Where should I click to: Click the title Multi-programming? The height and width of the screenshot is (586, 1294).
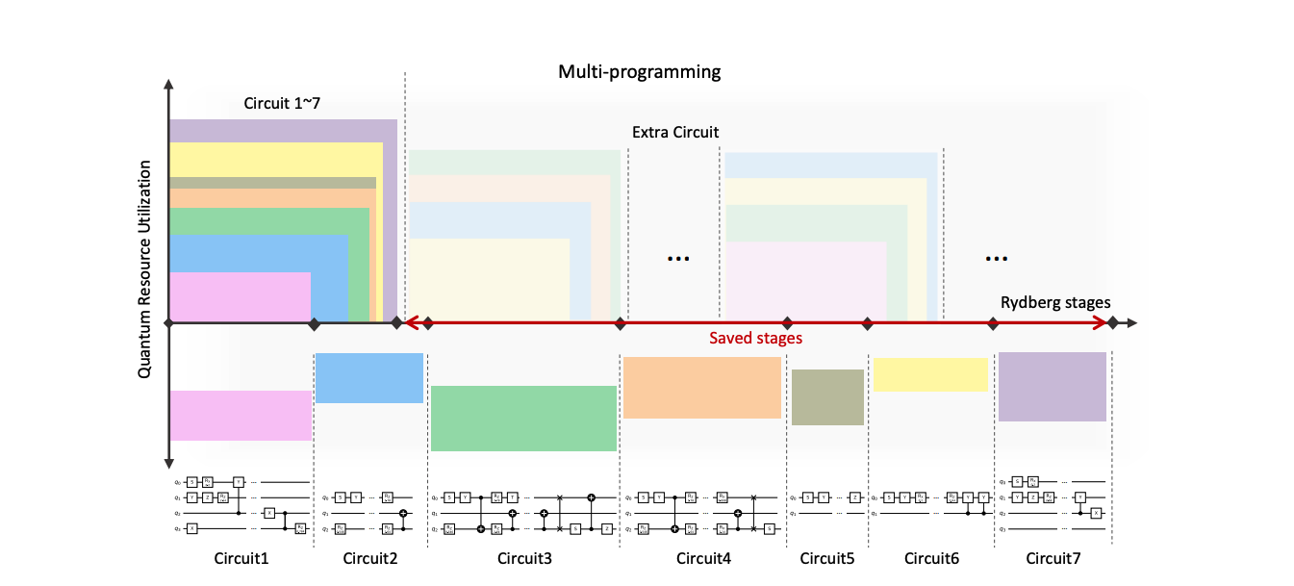tap(640, 72)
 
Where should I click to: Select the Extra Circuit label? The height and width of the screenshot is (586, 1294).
tap(674, 132)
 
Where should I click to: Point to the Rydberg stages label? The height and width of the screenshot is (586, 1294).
tap(1055, 303)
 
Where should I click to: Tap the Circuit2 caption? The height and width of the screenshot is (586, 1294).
tap(369, 558)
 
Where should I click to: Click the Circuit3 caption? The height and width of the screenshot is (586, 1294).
tap(524, 558)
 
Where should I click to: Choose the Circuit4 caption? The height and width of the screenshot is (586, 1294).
tap(703, 558)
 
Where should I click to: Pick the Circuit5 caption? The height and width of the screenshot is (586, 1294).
tap(827, 558)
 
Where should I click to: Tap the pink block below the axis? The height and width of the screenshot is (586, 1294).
tap(241, 415)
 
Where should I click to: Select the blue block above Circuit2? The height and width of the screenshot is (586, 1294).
tap(369, 377)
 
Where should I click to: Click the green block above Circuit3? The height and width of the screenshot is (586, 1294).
tap(523, 419)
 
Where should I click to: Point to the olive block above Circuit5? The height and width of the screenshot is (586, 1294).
tap(827, 397)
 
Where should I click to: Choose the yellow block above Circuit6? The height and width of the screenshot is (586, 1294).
tap(930, 374)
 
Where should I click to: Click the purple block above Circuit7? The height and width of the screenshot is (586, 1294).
tap(1053, 387)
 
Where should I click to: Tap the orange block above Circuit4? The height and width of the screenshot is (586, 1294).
tap(701, 388)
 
